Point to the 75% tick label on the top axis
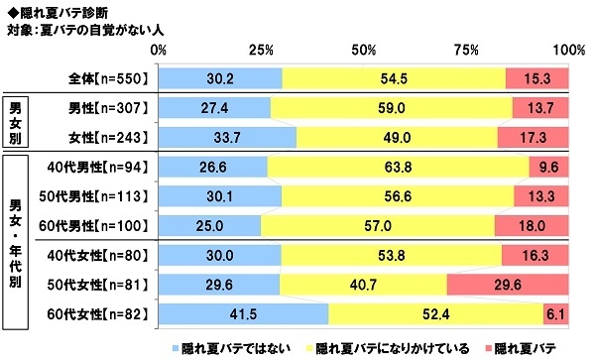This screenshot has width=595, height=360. point(465,49)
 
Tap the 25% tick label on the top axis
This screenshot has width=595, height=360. point(261,49)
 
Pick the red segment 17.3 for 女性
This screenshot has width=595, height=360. point(533,136)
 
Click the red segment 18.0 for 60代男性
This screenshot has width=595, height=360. point(532,226)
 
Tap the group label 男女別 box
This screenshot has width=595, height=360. point(18,121)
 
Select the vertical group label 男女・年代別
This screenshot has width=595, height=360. point(18,241)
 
